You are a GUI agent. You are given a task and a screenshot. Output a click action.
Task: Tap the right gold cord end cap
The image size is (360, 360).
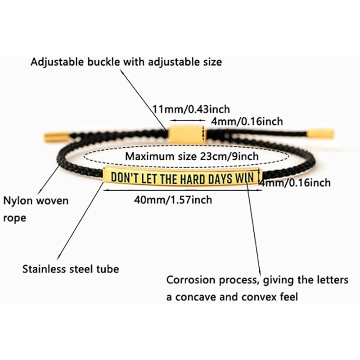(322, 133)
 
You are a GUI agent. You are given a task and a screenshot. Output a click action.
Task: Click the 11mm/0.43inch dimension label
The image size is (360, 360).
(191, 109)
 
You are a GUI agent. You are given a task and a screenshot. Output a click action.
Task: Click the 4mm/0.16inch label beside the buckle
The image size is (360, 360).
(247, 121)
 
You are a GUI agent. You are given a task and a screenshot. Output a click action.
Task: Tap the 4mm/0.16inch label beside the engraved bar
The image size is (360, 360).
(295, 183)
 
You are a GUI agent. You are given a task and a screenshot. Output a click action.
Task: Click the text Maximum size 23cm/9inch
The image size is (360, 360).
(191, 157)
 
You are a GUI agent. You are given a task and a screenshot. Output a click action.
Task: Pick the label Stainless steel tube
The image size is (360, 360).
(71, 269)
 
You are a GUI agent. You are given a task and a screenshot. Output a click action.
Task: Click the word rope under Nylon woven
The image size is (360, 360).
(14, 218)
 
